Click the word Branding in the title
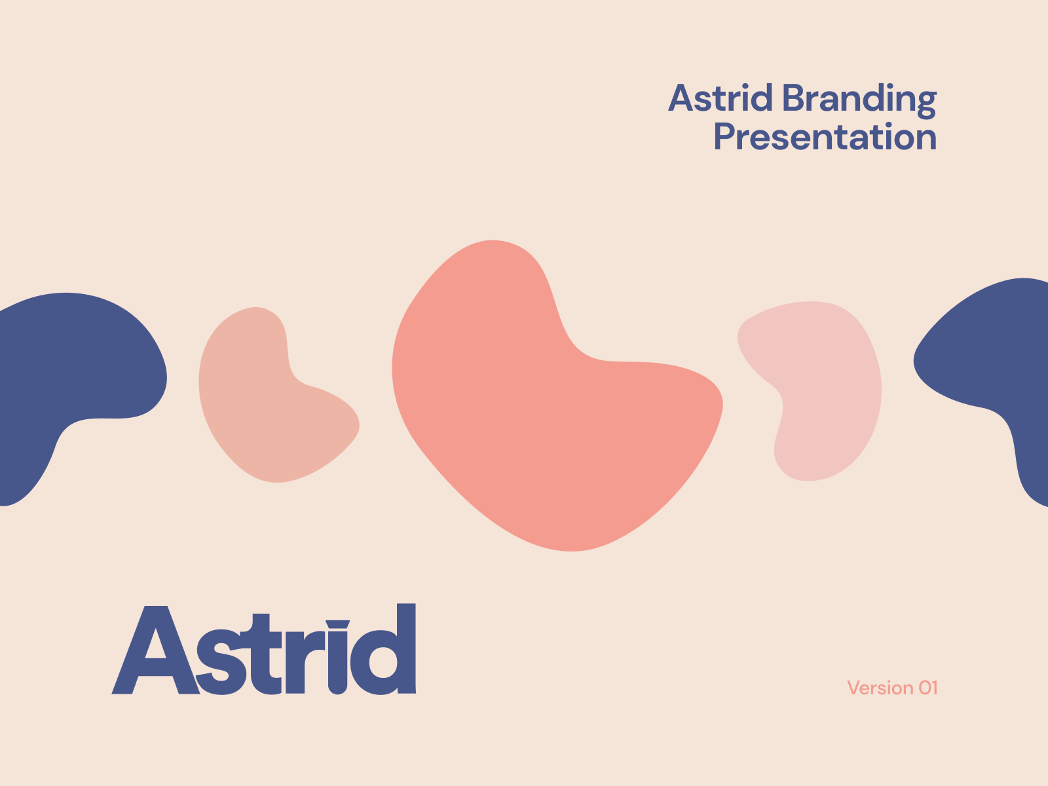coord(859,100)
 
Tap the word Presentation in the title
coord(825,137)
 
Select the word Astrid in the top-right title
coord(720,98)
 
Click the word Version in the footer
coord(880,688)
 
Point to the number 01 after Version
coord(928,688)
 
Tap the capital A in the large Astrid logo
coord(156,650)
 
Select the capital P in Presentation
coord(724,136)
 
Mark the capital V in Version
coord(854,688)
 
